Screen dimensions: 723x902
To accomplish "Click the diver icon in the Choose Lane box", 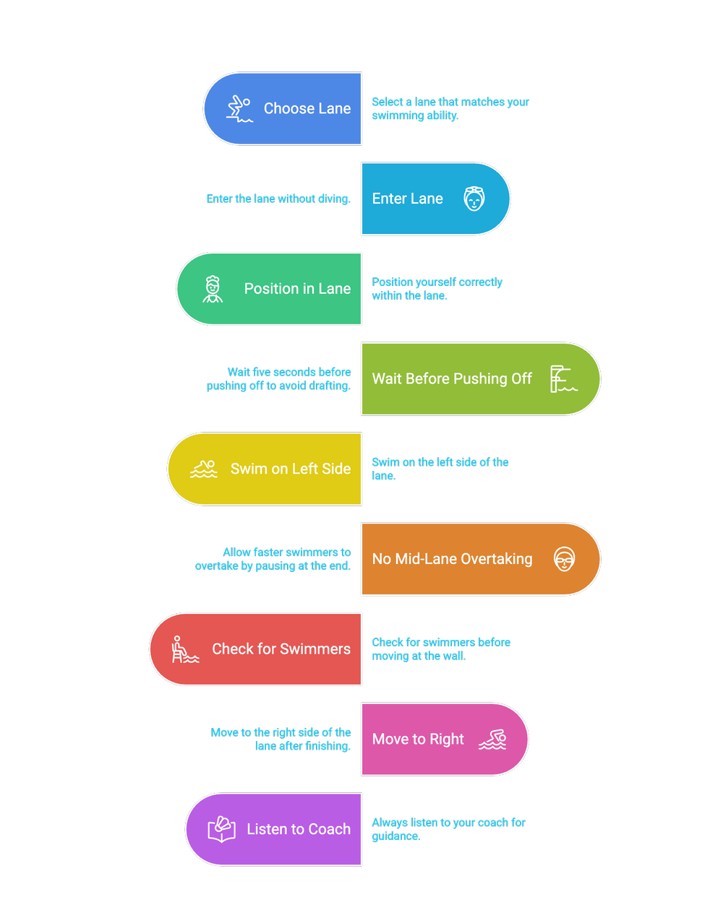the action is (x=239, y=108).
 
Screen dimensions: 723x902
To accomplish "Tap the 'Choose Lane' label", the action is (x=307, y=108).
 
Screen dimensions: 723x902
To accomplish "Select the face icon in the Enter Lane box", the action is (x=474, y=199).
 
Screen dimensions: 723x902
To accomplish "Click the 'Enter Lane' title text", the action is (x=407, y=199).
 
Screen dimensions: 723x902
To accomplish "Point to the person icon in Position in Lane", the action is (x=213, y=289).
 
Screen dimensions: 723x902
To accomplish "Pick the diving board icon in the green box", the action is (x=563, y=379).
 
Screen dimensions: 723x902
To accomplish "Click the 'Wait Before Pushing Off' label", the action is (x=451, y=379).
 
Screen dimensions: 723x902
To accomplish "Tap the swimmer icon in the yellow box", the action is (x=203, y=469).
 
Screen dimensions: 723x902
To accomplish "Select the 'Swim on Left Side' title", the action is (x=291, y=469).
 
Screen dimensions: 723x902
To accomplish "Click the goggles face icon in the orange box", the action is (x=564, y=559).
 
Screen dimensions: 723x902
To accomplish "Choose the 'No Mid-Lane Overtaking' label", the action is (x=452, y=559).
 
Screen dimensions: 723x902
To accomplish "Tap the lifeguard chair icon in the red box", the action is (x=185, y=649).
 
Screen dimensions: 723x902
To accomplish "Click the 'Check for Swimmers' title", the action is (x=281, y=649).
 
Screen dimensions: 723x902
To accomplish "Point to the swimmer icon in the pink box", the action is (x=492, y=740).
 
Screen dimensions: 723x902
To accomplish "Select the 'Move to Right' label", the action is (x=418, y=740).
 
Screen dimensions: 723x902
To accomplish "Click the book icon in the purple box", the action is (x=221, y=829).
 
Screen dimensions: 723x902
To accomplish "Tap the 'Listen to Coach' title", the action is (x=299, y=829).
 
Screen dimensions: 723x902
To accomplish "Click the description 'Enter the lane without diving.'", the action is (x=278, y=199).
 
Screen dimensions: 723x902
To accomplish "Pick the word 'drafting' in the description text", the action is (x=329, y=386).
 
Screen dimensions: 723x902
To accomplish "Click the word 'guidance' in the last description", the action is (x=396, y=836).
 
